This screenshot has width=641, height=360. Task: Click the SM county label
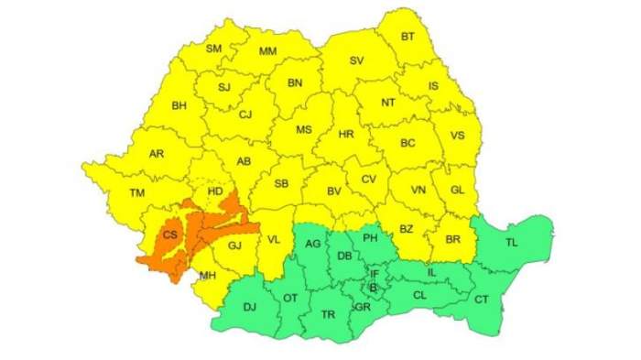coord(213,49)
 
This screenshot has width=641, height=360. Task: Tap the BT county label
coord(408,38)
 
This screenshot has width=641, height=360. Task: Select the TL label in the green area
coord(512,243)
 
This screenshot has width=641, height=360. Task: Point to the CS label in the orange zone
coord(170,235)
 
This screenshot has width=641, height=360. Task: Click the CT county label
coord(481,300)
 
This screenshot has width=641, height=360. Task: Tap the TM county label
coord(138,192)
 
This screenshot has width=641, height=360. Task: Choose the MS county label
coord(304,129)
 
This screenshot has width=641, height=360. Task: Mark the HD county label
coord(216,191)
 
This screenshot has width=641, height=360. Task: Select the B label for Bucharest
coord(372,288)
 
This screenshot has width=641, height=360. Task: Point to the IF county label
coord(374,274)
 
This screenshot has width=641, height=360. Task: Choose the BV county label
coord(334,191)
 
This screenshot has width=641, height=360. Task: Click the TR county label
coord(328,314)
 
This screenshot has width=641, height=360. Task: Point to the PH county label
coord(371,239)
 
